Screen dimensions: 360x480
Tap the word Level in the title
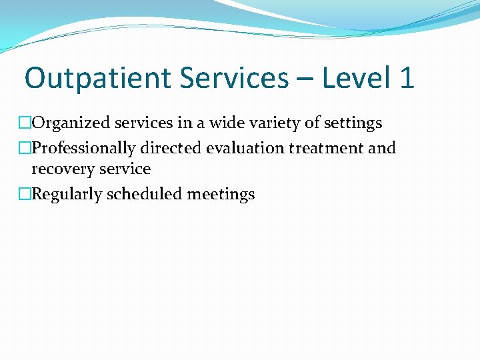pyautogui.click(x=357, y=79)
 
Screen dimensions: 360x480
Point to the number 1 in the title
pyautogui.click(x=406, y=79)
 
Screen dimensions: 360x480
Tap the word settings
pyautogui.click(x=351, y=123)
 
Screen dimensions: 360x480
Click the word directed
pyautogui.click(x=171, y=148)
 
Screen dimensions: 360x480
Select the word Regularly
pyautogui.click(x=65, y=195)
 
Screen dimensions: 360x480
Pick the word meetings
pyautogui.click(x=221, y=195)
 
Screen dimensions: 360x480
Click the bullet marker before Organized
pyautogui.click(x=25, y=123)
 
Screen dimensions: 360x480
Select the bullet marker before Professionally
pyautogui.click(x=25, y=148)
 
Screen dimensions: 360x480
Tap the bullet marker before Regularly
pyautogui.click(x=25, y=195)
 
